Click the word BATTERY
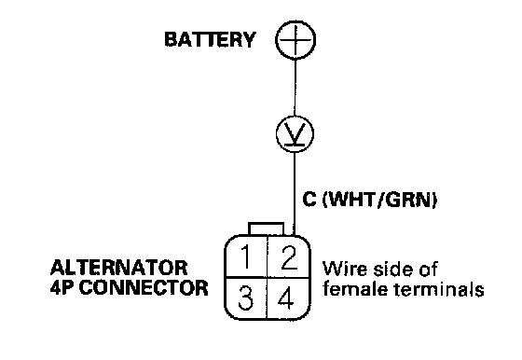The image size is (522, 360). [x=210, y=39]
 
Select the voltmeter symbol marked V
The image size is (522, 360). [x=295, y=134]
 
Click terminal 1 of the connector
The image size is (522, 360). [x=246, y=256]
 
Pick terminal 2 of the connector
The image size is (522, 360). [x=289, y=256]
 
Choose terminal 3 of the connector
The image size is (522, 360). [x=246, y=298]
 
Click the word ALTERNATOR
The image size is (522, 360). [x=119, y=268]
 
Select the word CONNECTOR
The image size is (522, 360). [x=144, y=287]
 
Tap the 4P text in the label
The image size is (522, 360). [x=63, y=287]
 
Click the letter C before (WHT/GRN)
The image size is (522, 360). [x=309, y=200]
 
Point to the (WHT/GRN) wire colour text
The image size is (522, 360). [x=380, y=200]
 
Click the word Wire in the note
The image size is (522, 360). [x=345, y=269]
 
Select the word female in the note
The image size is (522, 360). [x=356, y=288]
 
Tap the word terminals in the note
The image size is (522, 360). [x=439, y=288]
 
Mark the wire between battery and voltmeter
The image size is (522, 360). [x=295, y=88]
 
